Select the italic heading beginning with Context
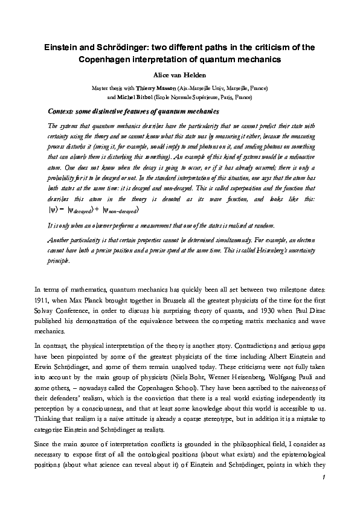[x=124, y=111]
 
